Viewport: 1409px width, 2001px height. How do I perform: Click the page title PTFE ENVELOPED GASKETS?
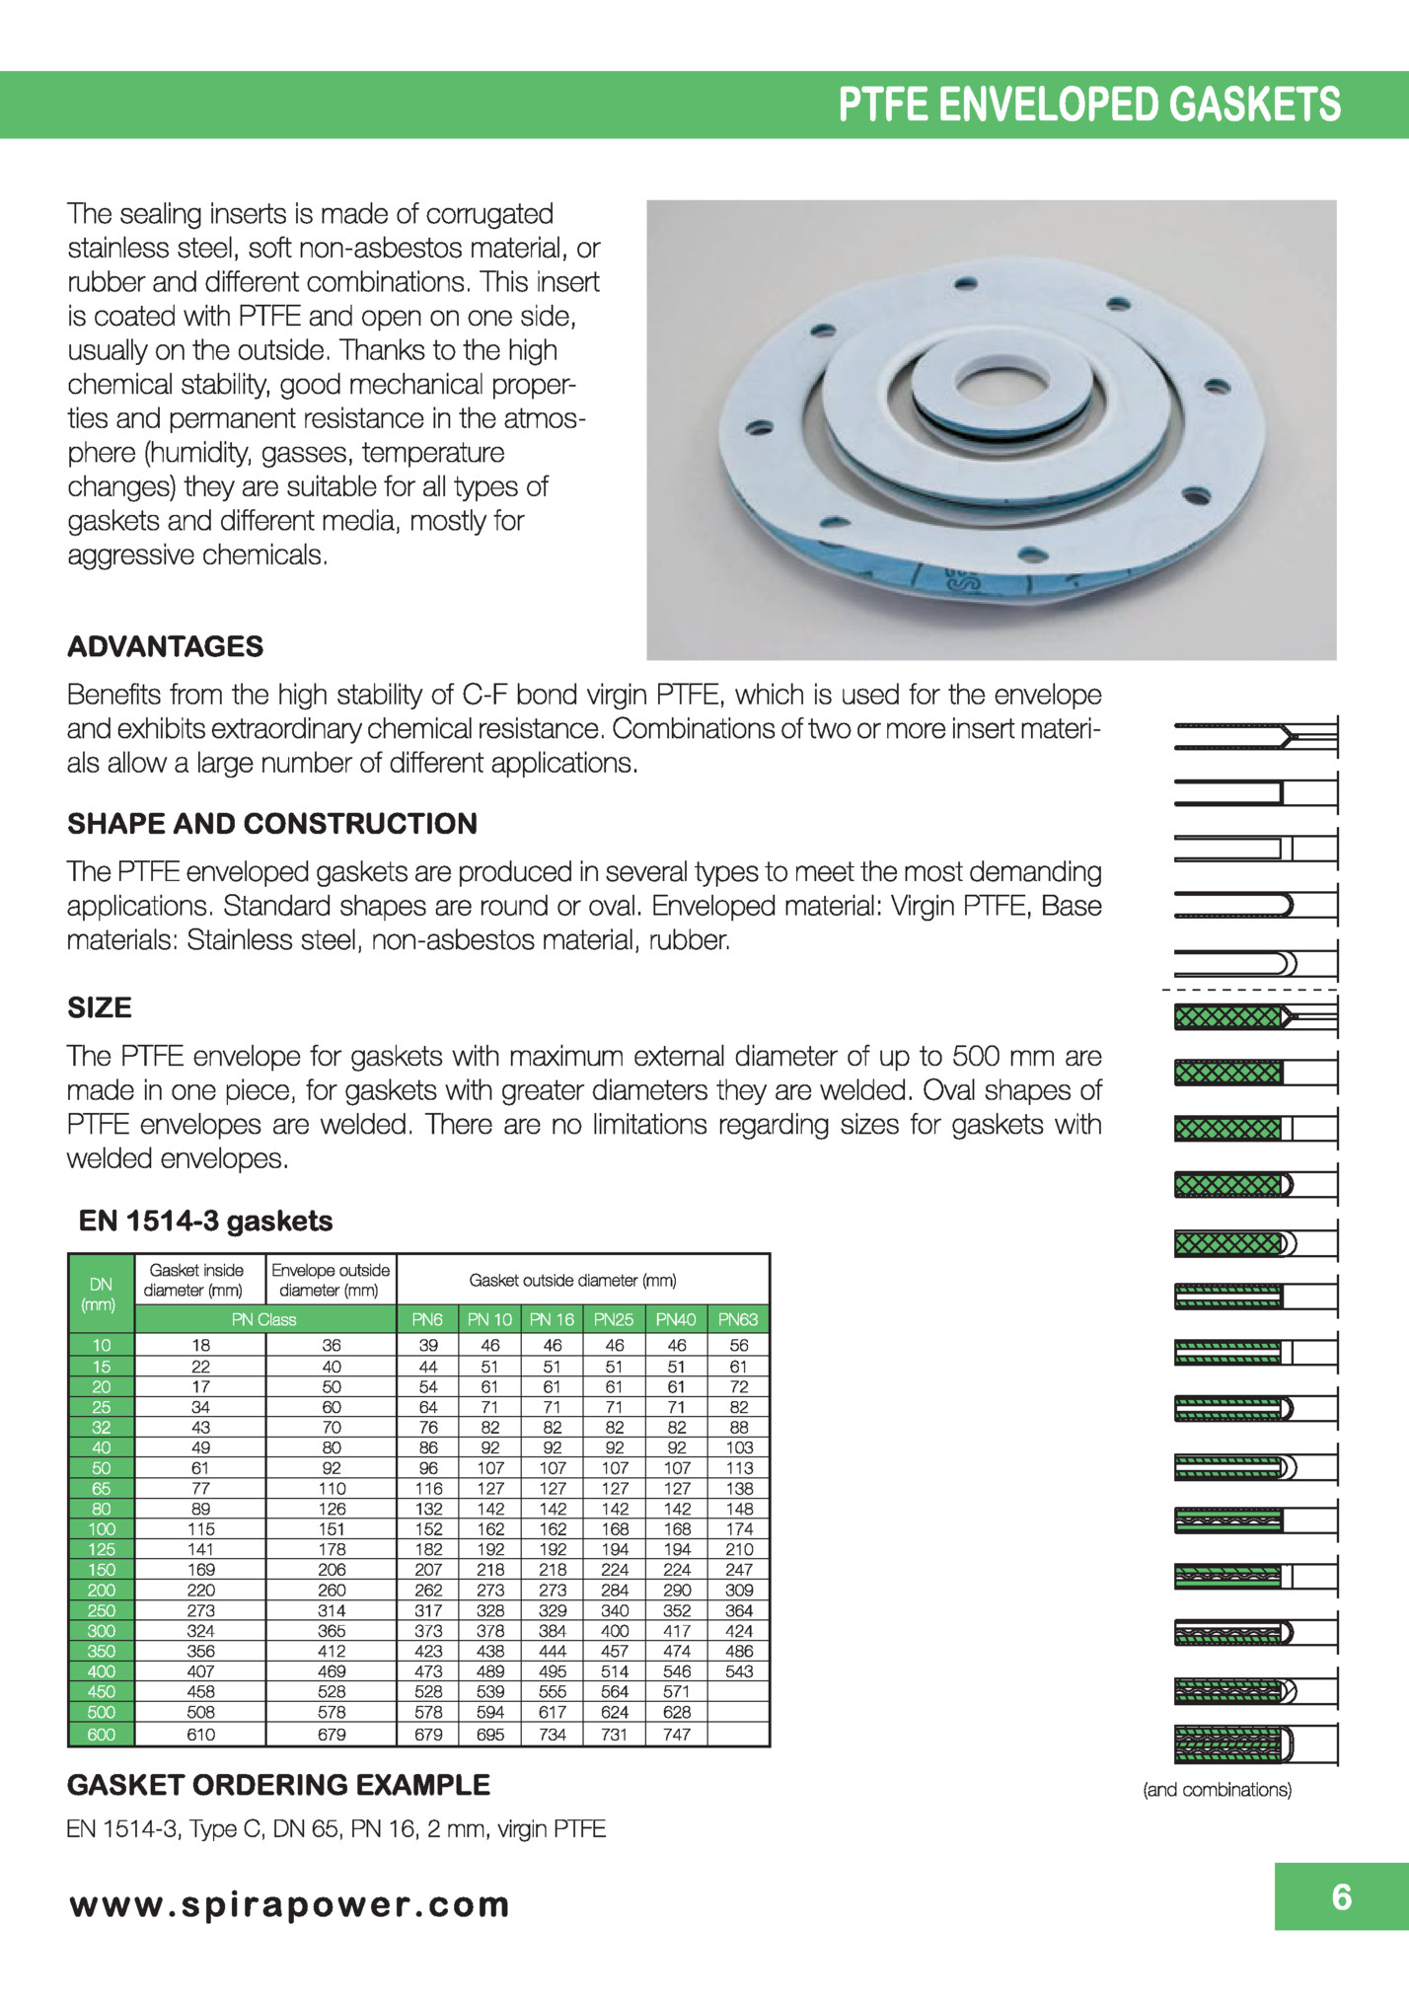(1088, 105)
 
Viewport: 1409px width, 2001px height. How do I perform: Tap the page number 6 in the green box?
(1341, 1896)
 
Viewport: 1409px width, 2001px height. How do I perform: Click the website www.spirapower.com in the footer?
(289, 1904)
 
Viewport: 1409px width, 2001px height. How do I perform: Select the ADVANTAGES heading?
(165, 646)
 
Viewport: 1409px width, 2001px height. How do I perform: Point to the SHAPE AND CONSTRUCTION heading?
(271, 823)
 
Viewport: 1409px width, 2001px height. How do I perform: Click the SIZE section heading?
(99, 1007)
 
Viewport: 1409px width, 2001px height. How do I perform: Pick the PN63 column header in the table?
(738, 1319)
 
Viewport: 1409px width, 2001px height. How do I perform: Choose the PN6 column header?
(427, 1319)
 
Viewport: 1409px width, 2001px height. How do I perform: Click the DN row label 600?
(102, 1734)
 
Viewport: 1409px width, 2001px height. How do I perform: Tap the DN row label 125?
(102, 1549)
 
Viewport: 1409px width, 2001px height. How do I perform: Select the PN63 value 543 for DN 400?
(738, 1671)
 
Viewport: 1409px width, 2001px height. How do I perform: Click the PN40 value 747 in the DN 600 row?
(676, 1734)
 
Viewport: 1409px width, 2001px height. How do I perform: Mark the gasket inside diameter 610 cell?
(200, 1734)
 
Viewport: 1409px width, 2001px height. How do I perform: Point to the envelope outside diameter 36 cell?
(332, 1345)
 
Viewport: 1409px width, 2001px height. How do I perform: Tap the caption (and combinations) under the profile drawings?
(1217, 1789)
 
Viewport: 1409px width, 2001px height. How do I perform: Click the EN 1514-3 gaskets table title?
(205, 1221)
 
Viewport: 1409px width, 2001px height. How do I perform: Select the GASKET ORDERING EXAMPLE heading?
(278, 1785)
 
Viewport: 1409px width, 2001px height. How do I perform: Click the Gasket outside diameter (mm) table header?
(572, 1280)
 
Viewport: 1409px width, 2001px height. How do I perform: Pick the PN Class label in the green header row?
(263, 1319)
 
